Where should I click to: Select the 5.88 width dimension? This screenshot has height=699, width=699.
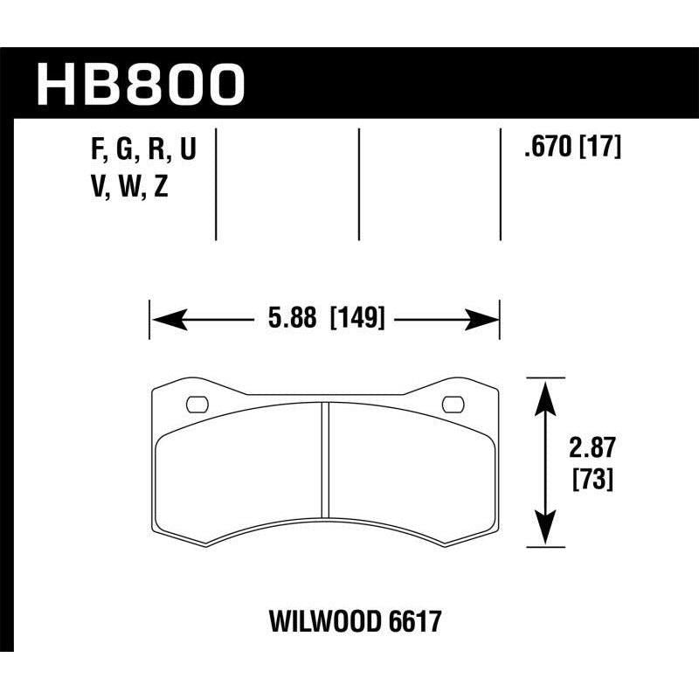point(293,319)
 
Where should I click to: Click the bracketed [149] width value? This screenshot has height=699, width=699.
point(357,319)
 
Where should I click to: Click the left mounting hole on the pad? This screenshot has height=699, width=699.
point(197,404)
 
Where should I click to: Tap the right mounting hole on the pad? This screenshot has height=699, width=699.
point(453,404)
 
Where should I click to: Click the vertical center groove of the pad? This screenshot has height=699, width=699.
point(324,459)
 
